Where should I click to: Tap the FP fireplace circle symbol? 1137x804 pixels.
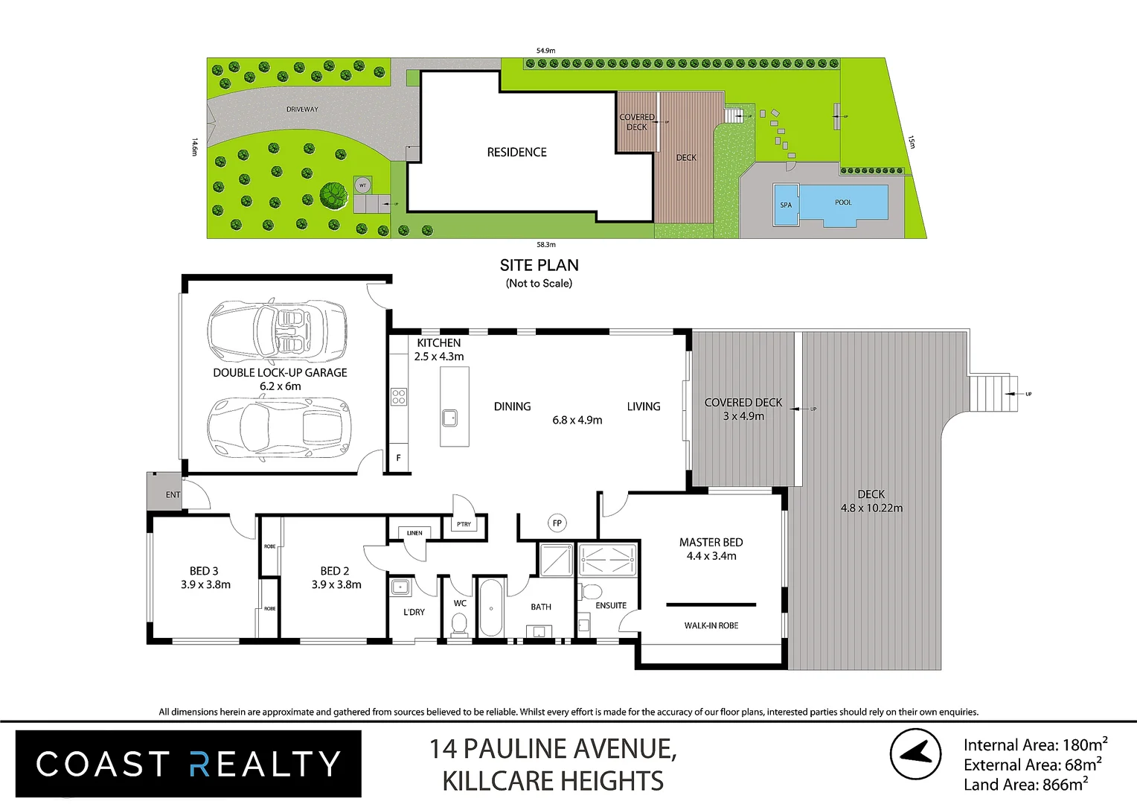557,523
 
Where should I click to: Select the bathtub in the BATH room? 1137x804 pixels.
490,607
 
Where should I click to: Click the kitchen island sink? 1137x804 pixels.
450,418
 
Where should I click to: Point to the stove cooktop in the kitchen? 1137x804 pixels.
399,396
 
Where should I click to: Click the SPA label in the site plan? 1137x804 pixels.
786,205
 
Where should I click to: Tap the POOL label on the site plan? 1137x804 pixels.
843,202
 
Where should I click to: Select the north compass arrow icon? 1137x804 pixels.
915,754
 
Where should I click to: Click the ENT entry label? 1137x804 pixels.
173,495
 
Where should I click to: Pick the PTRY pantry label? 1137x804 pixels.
464,525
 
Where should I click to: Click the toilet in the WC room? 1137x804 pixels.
459,624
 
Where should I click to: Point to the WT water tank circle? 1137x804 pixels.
362,185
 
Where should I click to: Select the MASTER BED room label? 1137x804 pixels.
711,543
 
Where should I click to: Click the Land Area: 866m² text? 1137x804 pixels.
1025,785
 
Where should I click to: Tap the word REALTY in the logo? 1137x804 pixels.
265,765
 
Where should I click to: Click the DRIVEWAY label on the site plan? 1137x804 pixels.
302,109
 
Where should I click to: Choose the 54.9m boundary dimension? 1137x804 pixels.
545,51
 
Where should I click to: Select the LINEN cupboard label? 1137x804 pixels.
414,533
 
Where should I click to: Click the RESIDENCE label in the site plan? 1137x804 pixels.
516,153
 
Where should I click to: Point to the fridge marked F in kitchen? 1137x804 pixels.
398,458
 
